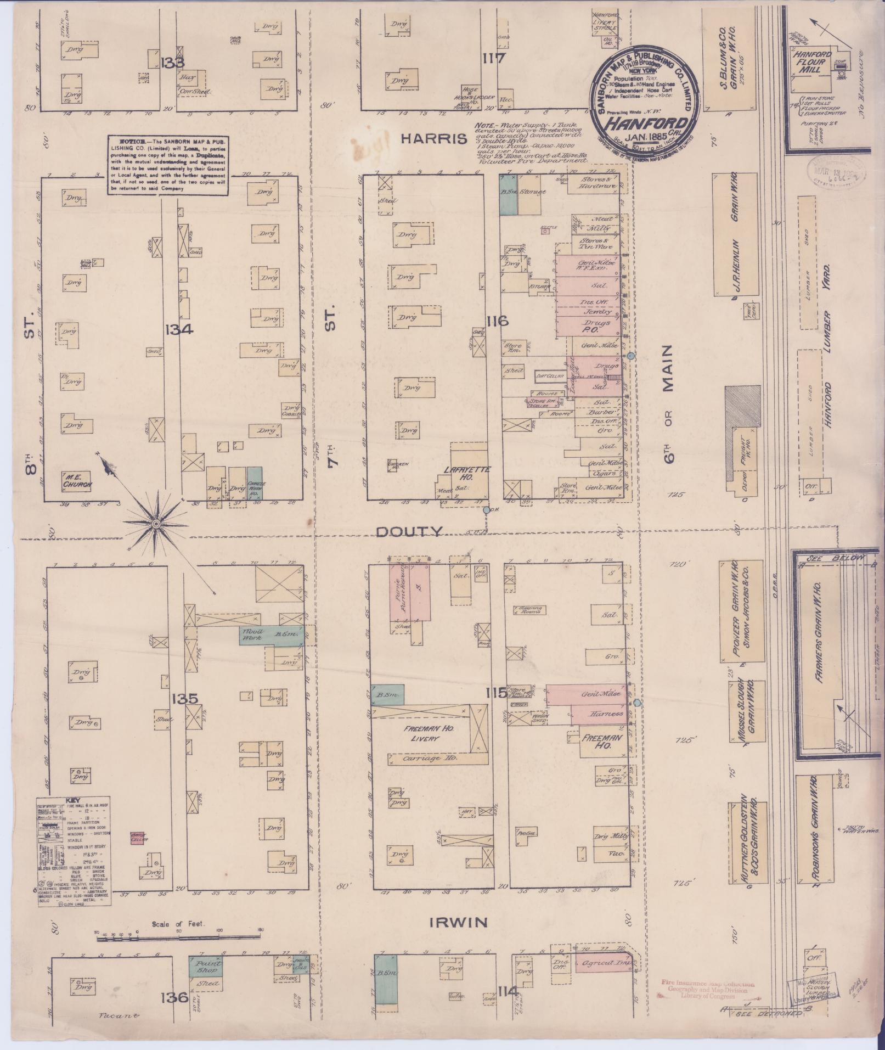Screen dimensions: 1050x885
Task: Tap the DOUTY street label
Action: tap(409, 531)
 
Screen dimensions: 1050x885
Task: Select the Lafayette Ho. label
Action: tap(468, 472)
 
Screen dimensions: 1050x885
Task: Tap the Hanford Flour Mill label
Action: tap(811, 63)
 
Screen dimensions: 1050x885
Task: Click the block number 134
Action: tap(179, 329)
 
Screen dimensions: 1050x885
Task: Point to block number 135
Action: tap(183, 699)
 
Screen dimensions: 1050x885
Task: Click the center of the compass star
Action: tap(157, 525)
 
